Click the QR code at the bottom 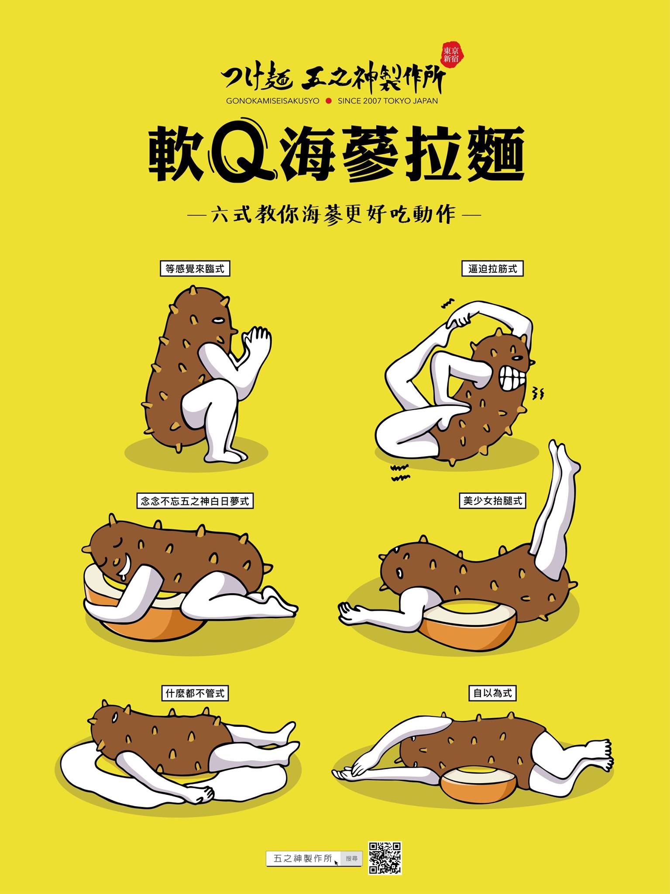[385, 858]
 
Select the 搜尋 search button [351, 858]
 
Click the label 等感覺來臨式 [195, 268]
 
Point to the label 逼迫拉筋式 [492, 268]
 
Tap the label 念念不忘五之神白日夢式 [195, 501]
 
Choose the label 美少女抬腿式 [492, 501]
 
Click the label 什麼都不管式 [195, 693]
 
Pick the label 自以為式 [492, 693]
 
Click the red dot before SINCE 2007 [329, 101]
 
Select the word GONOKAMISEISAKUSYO [273, 101]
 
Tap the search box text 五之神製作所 [302, 858]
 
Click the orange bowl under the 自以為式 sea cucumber [479, 784]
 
